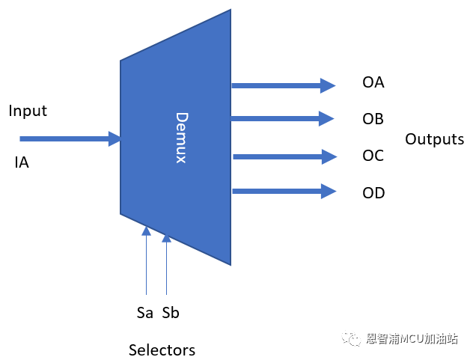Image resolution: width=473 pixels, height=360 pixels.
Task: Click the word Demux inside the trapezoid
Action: point(181,138)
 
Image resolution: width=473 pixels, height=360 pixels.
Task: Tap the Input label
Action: point(28,111)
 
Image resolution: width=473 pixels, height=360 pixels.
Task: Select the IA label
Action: point(22,162)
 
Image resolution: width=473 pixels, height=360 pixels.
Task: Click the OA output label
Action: point(373,82)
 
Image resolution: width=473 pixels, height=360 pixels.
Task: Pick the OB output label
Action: point(373,119)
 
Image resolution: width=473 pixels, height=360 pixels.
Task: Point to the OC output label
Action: point(373,156)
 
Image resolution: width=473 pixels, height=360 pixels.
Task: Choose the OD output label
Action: point(373,193)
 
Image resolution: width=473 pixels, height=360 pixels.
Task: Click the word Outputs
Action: point(434,139)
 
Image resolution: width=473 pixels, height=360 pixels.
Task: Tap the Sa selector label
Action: point(145,313)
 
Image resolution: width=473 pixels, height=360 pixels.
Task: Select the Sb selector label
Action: point(171,313)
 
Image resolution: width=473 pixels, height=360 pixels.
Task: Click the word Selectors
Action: point(162,350)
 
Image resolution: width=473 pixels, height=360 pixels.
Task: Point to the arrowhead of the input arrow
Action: point(115,138)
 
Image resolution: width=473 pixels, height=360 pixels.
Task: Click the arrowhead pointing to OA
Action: point(328,85)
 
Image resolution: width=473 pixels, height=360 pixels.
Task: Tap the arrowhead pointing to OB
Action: point(328,118)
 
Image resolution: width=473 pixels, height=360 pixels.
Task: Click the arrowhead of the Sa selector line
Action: point(147,231)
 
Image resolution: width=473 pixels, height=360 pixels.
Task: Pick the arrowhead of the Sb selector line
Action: point(166,238)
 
